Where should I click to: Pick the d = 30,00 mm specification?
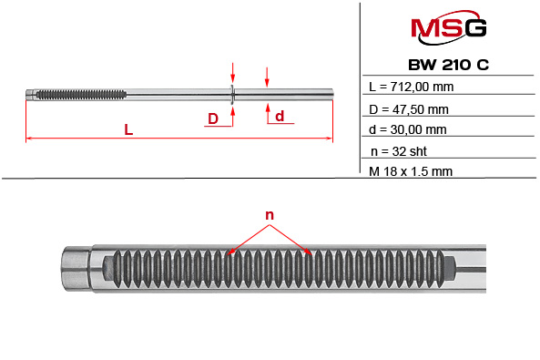pyautogui.click(x=410, y=129)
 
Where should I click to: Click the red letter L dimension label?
pyautogui.click(x=129, y=130)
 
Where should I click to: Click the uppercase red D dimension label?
pyautogui.click(x=212, y=118)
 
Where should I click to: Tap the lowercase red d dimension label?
pyautogui.click(x=280, y=116)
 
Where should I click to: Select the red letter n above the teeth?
pyautogui.click(x=270, y=215)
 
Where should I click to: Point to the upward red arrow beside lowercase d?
pyautogui.click(x=267, y=110)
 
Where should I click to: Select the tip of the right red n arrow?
pyautogui.click(x=313, y=252)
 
